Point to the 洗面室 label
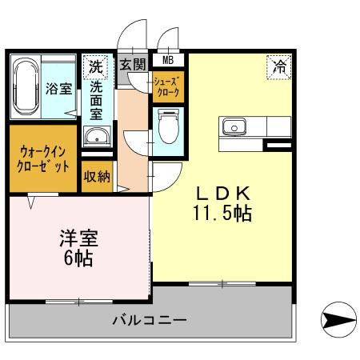[x=96, y=101]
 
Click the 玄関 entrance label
[x=133, y=64]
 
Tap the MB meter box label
[x=168, y=59]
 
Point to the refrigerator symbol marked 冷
[x=279, y=68]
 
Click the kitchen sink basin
[x=234, y=126]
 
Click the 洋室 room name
[x=78, y=238]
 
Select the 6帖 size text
[x=78, y=258]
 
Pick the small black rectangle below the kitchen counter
[x=278, y=145]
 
